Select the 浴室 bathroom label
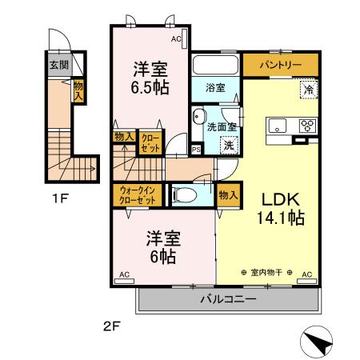click(x=214, y=87)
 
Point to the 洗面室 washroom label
click(x=221, y=126)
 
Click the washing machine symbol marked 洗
click(x=229, y=145)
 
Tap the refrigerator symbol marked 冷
click(x=308, y=90)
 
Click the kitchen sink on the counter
click(x=278, y=126)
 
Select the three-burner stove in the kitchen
click(x=307, y=126)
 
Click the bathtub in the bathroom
click(x=216, y=64)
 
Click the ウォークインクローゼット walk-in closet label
click(x=136, y=194)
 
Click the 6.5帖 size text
click(x=150, y=88)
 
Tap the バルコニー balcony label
click(x=227, y=300)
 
